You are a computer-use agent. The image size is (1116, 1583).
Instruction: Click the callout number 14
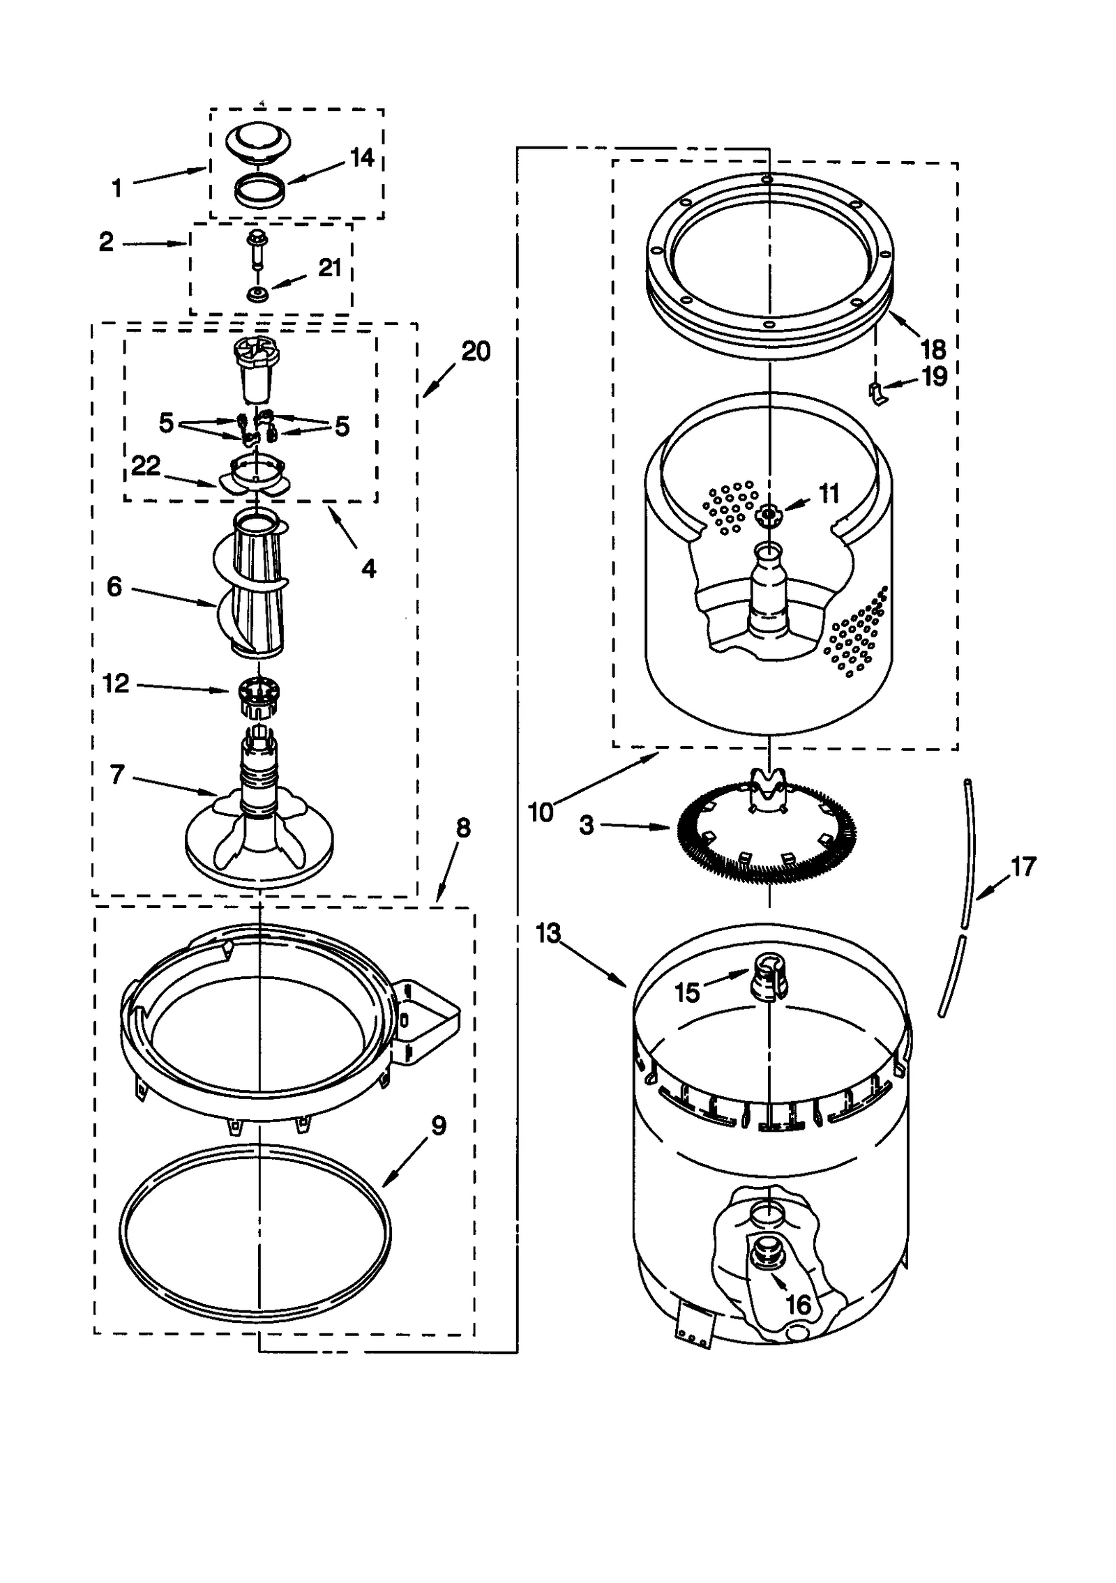[x=361, y=158]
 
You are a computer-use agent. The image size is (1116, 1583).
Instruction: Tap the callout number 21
[x=329, y=268]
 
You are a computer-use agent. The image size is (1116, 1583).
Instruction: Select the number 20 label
[x=476, y=351]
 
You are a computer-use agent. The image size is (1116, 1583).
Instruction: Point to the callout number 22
[x=146, y=465]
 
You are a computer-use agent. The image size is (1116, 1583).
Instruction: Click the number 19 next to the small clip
[x=934, y=377]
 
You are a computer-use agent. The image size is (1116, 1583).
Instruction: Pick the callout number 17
[x=1023, y=867]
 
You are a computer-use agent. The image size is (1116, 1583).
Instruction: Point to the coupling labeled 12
[x=259, y=697]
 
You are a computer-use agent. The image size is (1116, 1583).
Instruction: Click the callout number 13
[x=549, y=932]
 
